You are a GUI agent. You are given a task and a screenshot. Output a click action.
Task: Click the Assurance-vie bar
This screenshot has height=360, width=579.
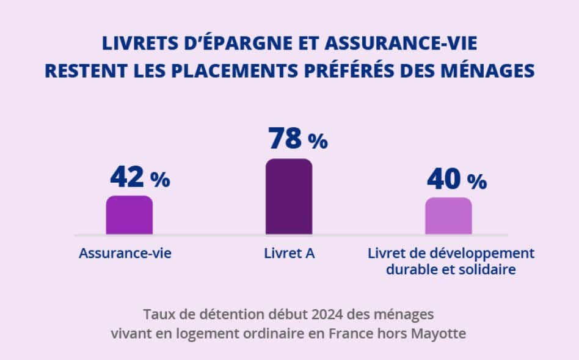(129, 215)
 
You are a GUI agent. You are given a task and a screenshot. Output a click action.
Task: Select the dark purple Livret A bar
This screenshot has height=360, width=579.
(288, 197)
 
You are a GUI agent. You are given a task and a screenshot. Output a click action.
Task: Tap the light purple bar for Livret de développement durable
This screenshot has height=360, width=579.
(448, 216)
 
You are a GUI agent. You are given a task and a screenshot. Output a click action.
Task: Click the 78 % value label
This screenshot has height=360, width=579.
(297, 139)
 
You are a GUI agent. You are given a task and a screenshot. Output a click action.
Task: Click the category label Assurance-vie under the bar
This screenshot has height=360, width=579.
(125, 253)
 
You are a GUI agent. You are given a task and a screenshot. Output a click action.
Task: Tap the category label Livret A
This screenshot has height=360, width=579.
(289, 253)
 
